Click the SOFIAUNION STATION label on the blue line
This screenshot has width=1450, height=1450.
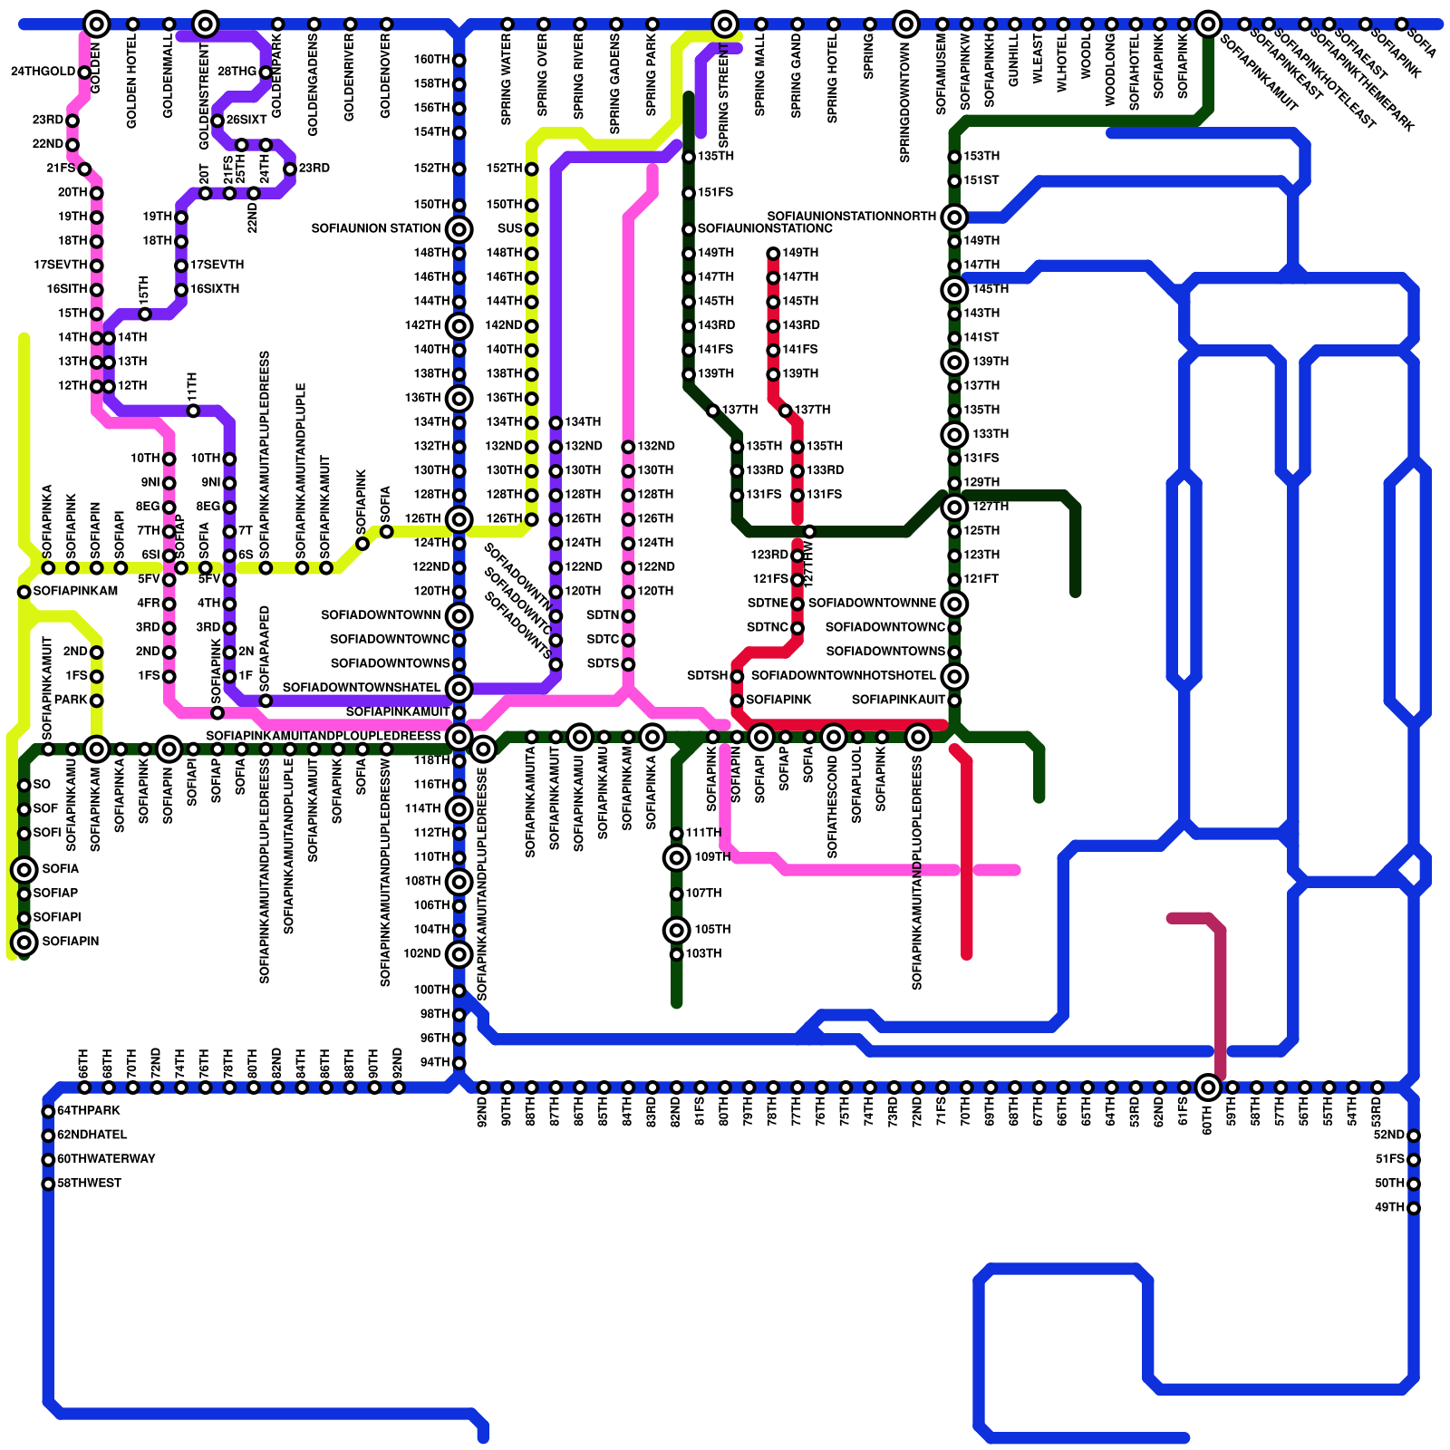[375, 228]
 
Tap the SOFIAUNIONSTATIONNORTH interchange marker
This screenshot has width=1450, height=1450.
[953, 217]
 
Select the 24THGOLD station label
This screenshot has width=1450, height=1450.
[43, 72]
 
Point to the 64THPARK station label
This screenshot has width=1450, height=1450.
[89, 1110]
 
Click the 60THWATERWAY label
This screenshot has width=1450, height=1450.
[106, 1159]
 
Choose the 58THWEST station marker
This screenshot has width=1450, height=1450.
[48, 1184]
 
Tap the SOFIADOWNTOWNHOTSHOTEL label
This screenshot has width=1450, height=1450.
[843, 675]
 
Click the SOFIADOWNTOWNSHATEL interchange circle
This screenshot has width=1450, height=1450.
[459, 688]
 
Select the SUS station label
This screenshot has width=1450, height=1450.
[509, 228]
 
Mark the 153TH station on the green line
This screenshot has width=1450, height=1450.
[954, 157]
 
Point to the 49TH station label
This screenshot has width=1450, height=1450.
[1389, 1207]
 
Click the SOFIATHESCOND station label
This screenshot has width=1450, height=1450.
[833, 807]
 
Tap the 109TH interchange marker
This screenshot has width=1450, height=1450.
[676, 857]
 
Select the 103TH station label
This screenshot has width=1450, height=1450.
[703, 953]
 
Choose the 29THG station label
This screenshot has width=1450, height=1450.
[237, 72]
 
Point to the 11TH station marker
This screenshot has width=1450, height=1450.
[193, 411]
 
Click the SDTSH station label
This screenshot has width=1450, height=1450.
[707, 675]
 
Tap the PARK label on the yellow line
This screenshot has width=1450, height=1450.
[71, 700]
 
